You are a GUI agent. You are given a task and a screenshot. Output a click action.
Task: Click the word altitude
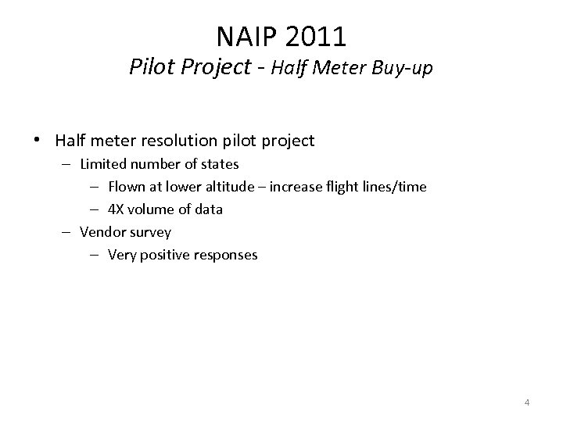tap(229, 187)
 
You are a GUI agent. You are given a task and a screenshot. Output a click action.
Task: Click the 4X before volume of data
tap(117, 209)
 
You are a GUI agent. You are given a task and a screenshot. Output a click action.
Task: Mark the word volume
tap(150, 209)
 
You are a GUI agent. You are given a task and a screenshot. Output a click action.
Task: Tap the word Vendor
tap(102, 232)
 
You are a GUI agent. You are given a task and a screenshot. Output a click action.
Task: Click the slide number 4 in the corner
tap(527, 402)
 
